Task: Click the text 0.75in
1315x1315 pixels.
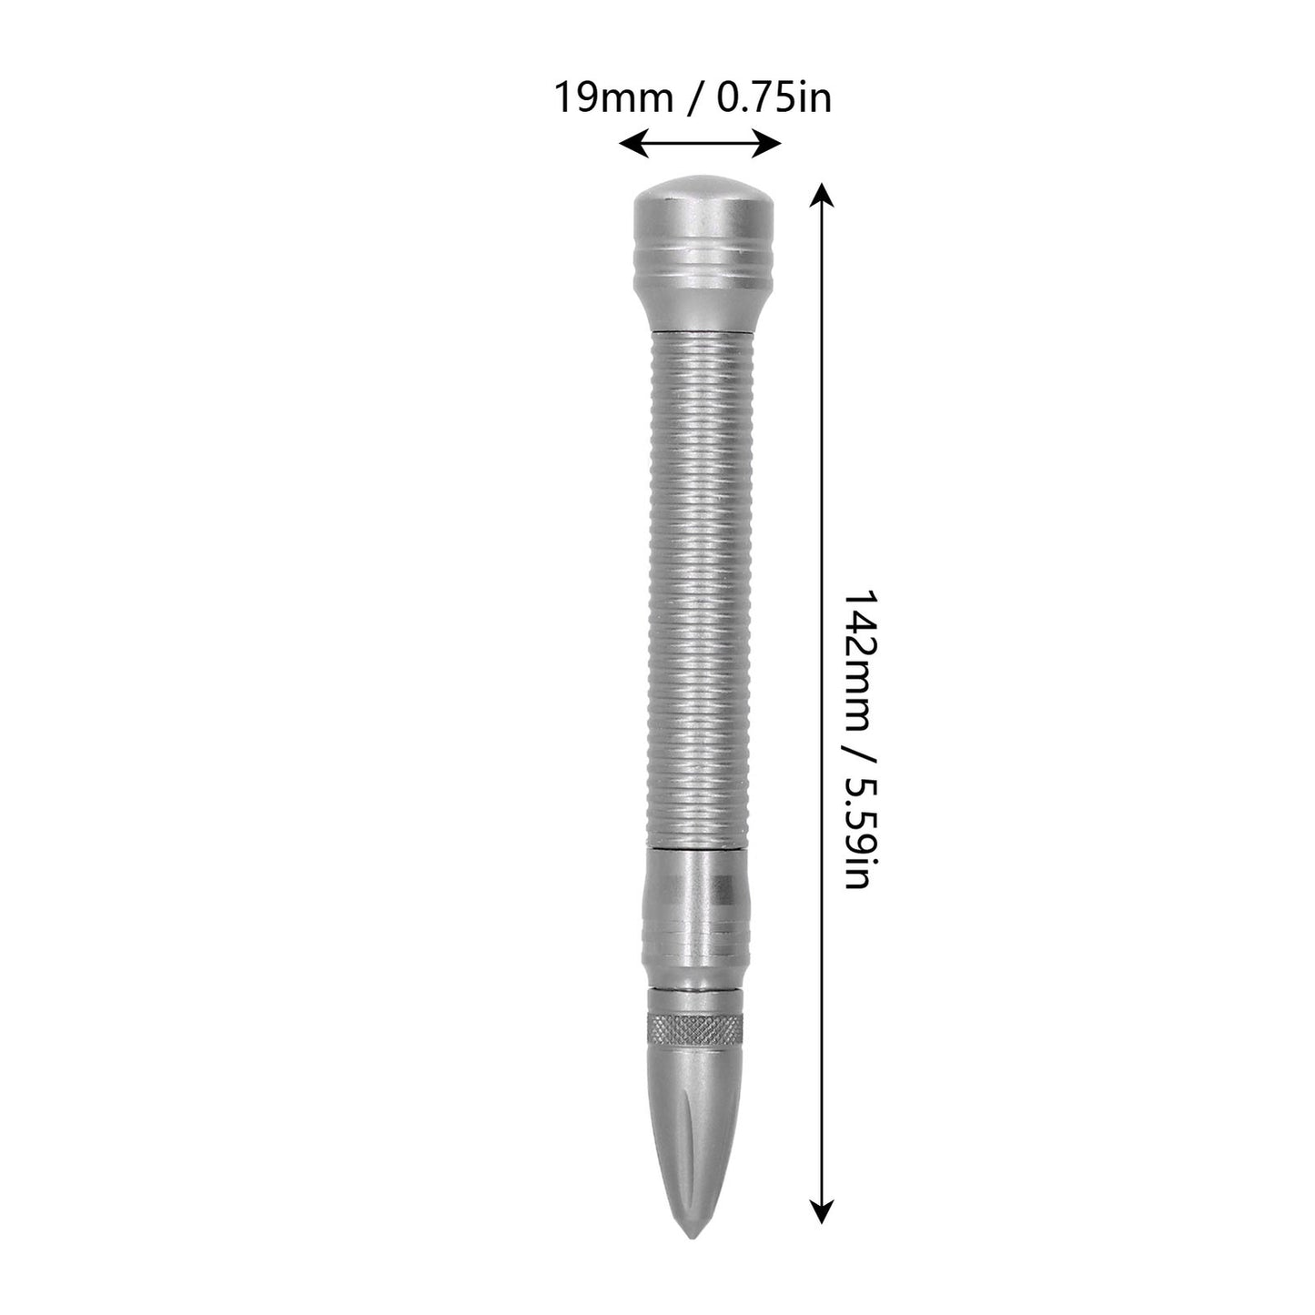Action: click(x=774, y=97)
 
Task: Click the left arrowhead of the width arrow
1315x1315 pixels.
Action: click(x=633, y=144)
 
